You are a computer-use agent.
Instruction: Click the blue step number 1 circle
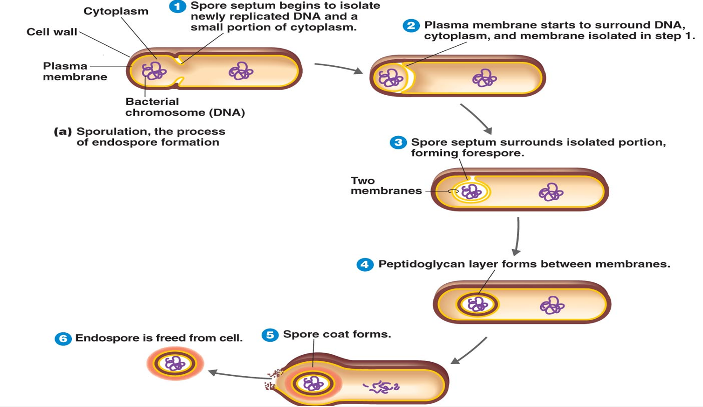coord(177,7)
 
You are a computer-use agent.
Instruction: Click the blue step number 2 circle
coord(411,26)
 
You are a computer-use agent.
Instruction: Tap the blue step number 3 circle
coord(398,142)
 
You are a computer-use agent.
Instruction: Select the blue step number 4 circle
coord(365,265)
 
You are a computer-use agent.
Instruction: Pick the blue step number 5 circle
coord(270,335)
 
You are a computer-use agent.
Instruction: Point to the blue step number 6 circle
coord(63,338)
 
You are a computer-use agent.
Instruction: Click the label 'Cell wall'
coord(52,32)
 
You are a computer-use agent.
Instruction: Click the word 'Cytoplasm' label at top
coord(116,11)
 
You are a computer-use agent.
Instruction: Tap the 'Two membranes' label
coord(386,186)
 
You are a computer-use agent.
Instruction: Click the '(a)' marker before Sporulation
coord(63,132)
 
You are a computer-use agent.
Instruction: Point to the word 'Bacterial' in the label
coord(152,102)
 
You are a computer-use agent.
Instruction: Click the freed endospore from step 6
coord(175,364)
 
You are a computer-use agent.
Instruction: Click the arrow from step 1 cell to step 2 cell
coord(338,68)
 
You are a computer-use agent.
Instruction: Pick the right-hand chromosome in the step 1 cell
coord(241,71)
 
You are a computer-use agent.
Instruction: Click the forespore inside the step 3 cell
coord(471,191)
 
